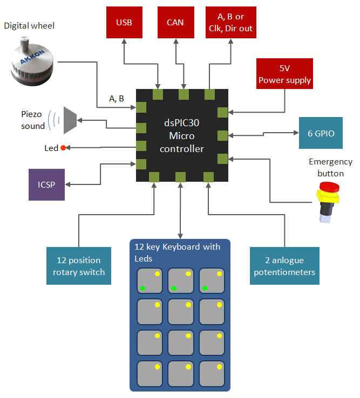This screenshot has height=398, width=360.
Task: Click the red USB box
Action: click(x=124, y=23)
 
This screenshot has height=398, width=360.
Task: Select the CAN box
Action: click(x=175, y=23)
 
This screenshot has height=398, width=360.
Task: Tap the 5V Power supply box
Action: click(x=284, y=74)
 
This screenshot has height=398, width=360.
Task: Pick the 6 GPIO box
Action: click(x=321, y=133)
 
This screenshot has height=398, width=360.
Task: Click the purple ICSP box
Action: click(x=46, y=184)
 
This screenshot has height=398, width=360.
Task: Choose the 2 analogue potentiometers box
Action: click(x=284, y=266)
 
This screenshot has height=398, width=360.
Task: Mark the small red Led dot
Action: click(x=63, y=148)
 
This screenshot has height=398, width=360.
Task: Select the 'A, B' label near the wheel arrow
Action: click(x=117, y=98)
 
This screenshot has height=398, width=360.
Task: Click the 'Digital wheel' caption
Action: click(x=29, y=25)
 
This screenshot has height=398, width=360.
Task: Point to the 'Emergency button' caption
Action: click(x=330, y=167)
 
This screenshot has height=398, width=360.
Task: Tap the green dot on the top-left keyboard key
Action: click(x=142, y=289)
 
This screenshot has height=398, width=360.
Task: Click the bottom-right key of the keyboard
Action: click(x=212, y=373)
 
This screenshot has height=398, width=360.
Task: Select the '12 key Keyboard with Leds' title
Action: click(x=177, y=252)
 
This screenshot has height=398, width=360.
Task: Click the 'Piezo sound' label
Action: click(x=33, y=120)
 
